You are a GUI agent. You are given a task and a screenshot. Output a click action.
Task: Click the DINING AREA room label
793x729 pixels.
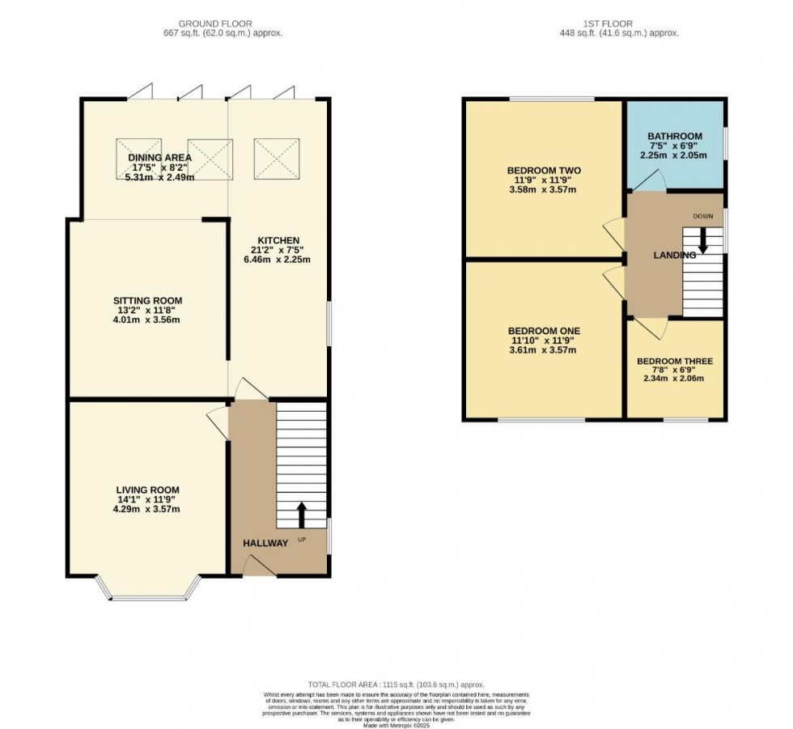[x=164, y=158]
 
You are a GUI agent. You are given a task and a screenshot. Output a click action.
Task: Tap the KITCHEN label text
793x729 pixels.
[x=278, y=240]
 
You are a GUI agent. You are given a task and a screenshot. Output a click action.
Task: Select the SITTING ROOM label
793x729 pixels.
[x=146, y=299]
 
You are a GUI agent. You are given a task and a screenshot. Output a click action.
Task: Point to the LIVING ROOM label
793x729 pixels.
[x=147, y=490]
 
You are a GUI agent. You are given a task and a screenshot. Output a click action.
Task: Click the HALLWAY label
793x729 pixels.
[x=265, y=543]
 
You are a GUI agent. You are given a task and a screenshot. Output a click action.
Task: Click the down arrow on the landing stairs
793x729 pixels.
[x=702, y=239]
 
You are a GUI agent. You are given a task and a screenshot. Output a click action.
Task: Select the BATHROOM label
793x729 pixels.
[x=674, y=136]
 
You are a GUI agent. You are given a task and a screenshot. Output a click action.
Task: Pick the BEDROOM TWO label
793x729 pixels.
[x=542, y=170]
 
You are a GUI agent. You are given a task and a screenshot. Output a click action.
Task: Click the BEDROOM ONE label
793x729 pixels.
[x=543, y=330]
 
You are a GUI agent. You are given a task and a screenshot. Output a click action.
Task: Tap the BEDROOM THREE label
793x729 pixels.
[x=674, y=361]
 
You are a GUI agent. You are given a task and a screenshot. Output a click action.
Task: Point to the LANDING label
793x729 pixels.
[x=675, y=255]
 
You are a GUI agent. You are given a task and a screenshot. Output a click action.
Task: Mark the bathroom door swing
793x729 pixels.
[x=652, y=182]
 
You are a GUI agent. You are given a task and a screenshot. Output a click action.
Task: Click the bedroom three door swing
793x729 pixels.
[x=651, y=327]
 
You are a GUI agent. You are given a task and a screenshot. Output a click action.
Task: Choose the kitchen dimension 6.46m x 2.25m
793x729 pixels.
[x=278, y=260]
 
